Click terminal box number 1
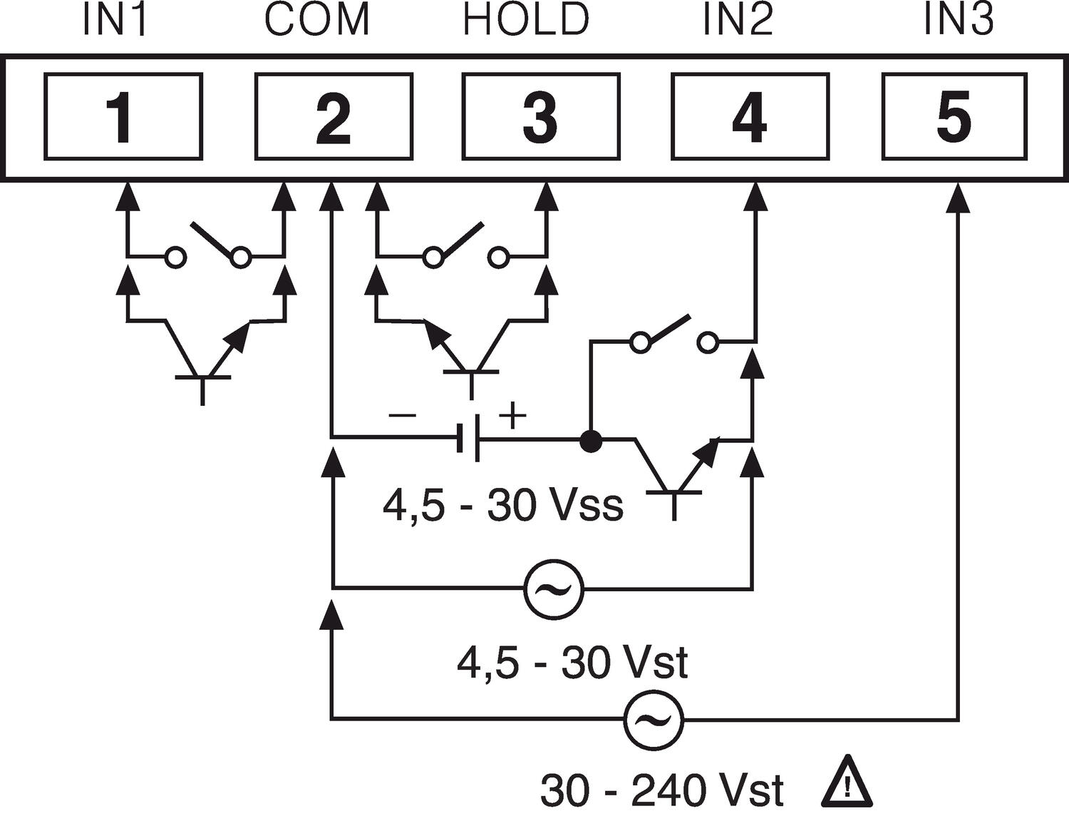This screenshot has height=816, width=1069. coord(123,117)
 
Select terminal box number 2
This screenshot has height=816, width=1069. coord(334,117)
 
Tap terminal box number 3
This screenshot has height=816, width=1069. coord(540,117)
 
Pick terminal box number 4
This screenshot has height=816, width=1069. coord(750,117)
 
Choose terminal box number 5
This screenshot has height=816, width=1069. coord(954,117)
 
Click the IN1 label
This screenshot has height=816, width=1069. coord(115,21)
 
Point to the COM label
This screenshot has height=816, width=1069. coord(318,21)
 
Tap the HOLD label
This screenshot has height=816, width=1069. coord(526,21)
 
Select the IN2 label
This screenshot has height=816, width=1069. coord(738,21)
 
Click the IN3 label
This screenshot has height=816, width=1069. coord(959,21)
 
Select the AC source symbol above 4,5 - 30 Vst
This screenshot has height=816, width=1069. coord(554,588)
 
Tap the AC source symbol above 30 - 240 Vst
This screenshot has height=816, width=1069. coord(654,719)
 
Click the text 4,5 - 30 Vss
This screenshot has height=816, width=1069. coord(502,506)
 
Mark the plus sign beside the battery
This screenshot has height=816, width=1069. coord(512,414)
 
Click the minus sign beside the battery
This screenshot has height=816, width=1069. coord(402,414)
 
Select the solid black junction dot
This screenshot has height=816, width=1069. coord(590,442)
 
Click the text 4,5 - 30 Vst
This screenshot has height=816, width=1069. coord(572,663)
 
